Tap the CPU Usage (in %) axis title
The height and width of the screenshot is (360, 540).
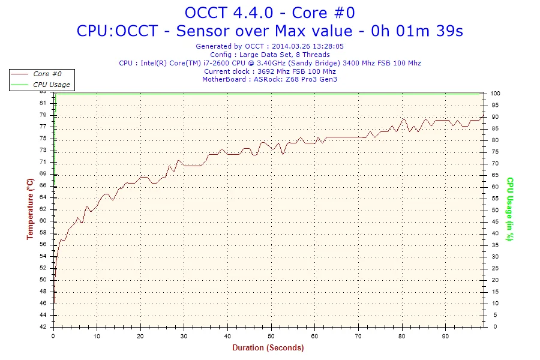tap(509, 209)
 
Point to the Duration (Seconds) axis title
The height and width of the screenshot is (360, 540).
tap(268, 347)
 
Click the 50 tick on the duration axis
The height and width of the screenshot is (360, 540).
tap(271, 335)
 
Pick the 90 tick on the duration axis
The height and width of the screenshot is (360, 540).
tap(445, 335)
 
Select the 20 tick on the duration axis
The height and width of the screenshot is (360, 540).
tap(141, 335)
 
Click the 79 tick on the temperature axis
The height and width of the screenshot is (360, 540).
tap(43, 115)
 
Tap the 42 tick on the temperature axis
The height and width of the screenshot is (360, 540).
tap(43, 327)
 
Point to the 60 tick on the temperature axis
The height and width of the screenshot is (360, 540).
tap(43, 221)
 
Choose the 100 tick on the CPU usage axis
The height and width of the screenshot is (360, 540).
tap(496, 94)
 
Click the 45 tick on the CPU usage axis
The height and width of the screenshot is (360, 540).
tap(494, 222)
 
